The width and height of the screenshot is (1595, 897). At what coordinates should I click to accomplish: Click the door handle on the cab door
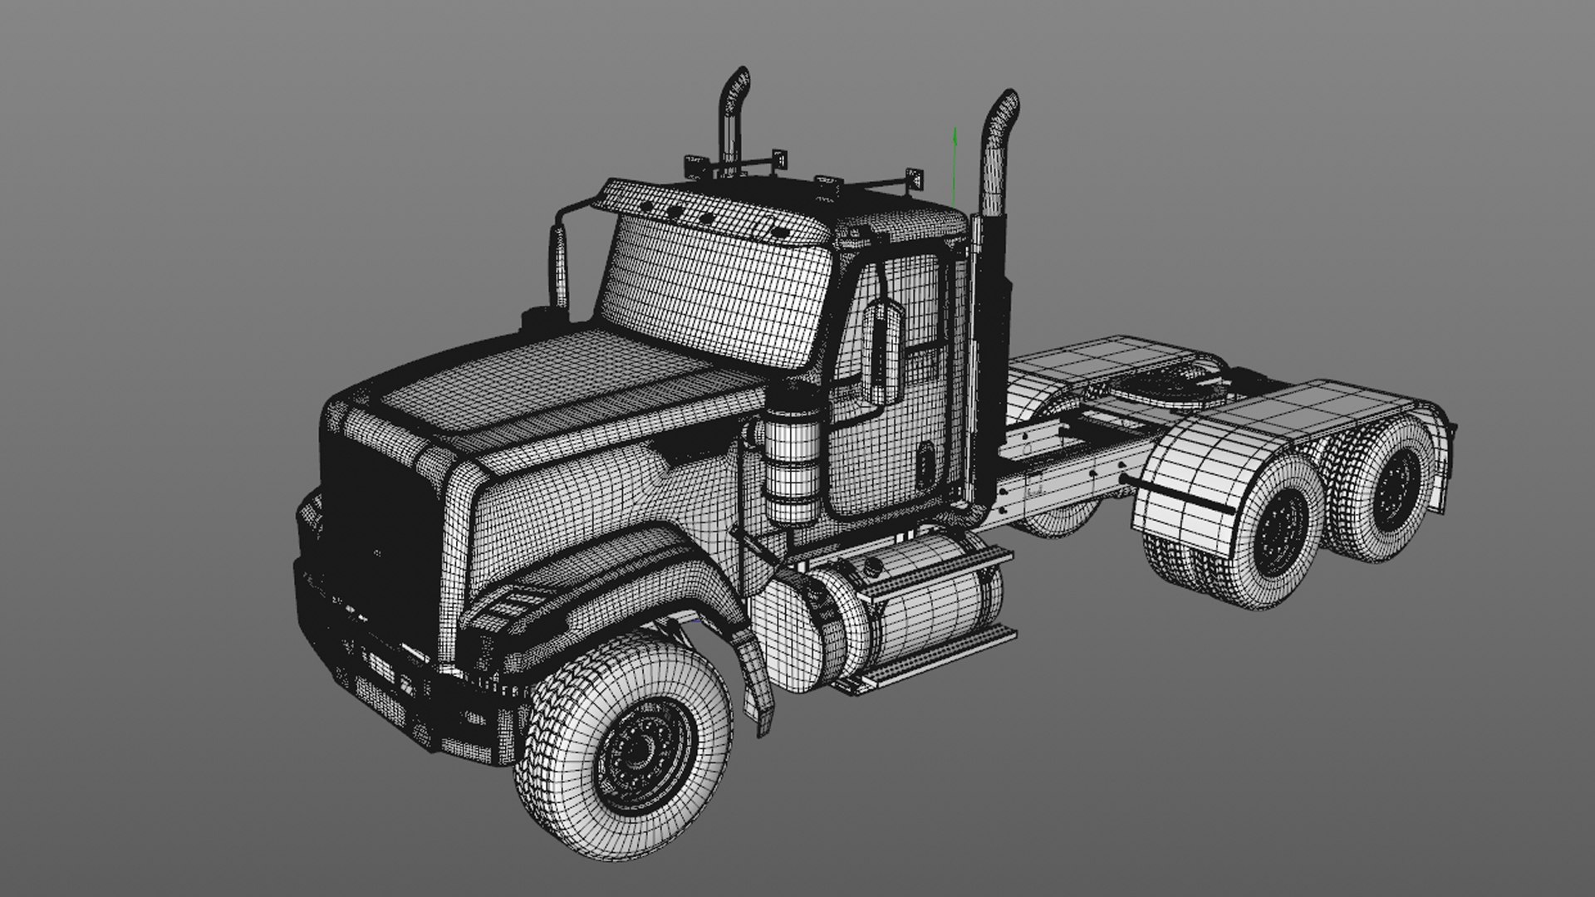(925, 463)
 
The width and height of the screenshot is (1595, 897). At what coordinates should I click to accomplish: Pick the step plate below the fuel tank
(930, 664)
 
